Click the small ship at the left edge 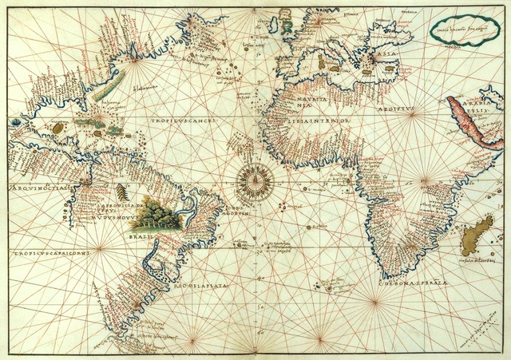coord(17,123)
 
